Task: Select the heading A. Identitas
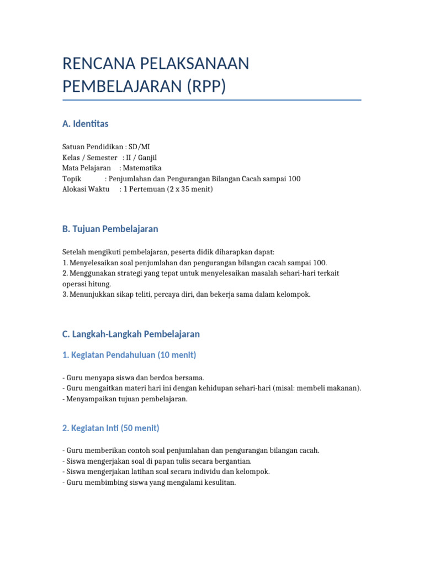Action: click(86, 124)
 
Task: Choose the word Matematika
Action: click(142, 168)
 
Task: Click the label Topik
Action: click(72, 179)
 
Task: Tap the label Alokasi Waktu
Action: click(86, 189)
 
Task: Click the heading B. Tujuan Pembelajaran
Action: click(110, 229)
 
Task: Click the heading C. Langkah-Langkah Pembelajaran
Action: click(131, 334)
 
